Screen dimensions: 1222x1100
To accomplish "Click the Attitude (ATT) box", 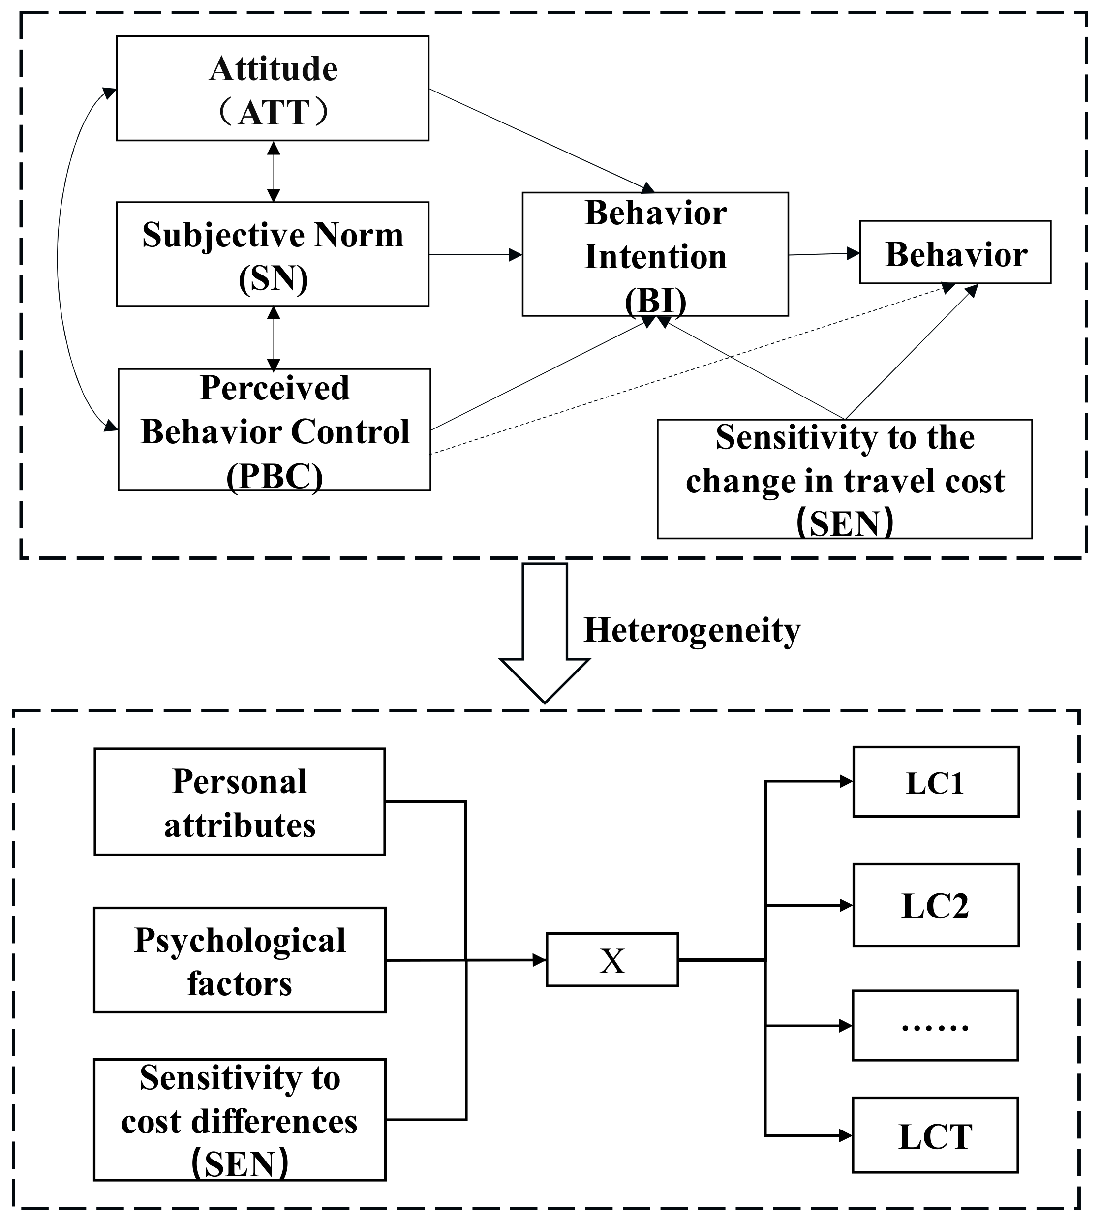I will click(273, 88).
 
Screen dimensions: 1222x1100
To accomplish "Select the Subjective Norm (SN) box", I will click(273, 254).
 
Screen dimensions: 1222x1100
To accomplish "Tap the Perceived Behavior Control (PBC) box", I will click(275, 429).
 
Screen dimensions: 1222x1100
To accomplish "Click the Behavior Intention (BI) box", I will click(655, 254).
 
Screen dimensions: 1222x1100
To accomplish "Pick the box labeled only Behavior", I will click(955, 252).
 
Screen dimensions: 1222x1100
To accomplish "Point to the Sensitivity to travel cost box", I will click(844, 479).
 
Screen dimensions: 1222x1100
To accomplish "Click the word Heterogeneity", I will click(692, 630).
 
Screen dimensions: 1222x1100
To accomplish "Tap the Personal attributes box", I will click(240, 802).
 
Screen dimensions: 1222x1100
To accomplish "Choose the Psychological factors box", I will click(240, 960).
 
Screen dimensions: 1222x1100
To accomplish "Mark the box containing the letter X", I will click(612, 960).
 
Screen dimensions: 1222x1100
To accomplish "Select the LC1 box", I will click(936, 782).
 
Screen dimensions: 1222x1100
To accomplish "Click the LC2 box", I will click(936, 905).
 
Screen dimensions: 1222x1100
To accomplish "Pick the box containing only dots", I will click(935, 1026).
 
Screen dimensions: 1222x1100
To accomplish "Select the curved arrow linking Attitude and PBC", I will click(58, 260).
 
